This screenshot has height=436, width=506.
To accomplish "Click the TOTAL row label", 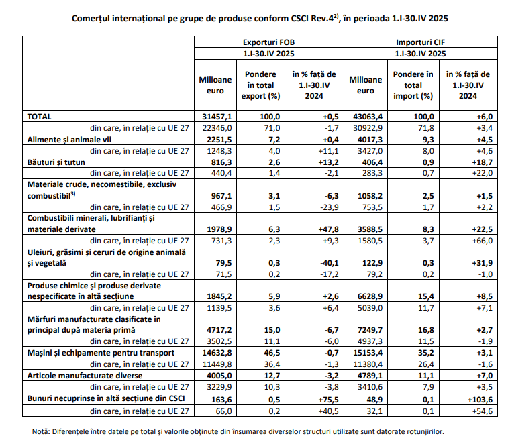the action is click(39, 117).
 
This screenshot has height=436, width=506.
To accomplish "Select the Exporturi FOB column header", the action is click(268, 42).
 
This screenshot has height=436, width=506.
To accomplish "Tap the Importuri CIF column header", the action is click(421, 42).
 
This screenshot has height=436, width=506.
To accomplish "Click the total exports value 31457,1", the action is click(217, 117).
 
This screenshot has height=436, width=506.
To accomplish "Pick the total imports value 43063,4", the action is click(368, 117).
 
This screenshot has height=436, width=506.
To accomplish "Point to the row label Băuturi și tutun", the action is click(56, 162).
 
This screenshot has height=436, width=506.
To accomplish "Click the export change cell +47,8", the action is click(329, 229).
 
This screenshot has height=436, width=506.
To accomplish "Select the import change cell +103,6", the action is click(480, 400).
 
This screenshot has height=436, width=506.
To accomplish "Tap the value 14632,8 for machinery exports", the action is click(217, 352).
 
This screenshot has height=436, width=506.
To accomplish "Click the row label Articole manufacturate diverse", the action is click(85, 376).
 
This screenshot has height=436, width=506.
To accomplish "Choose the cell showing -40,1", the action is click(330, 263).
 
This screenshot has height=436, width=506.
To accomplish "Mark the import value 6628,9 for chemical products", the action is click(370, 296).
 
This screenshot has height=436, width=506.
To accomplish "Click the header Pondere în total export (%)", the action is click(261, 85).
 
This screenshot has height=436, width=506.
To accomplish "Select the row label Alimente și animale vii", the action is click(69, 140).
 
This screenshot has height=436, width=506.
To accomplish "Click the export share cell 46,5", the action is click(272, 352).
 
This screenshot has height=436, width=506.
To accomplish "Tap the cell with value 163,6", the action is click(221, 400).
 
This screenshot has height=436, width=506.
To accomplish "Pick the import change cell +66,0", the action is click(483, 241).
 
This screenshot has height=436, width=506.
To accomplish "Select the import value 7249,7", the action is click(370, 330).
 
